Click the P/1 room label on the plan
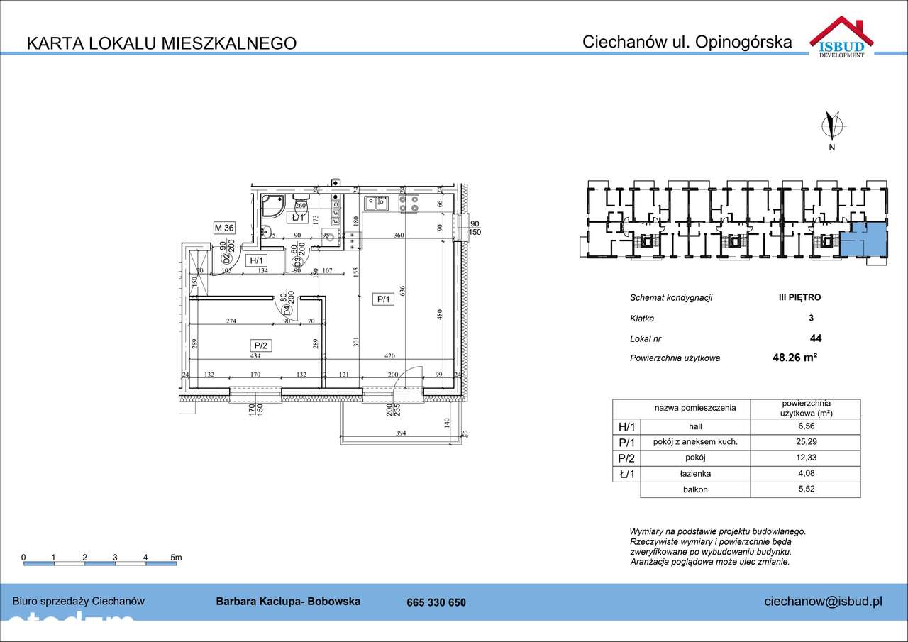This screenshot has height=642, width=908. [383, 299]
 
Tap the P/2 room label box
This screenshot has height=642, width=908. [260, 345]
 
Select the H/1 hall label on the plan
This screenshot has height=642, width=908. [255, 260]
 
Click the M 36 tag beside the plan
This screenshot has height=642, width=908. [224, 228]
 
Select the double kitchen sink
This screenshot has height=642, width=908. [375, 204]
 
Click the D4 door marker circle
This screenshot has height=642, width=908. [287, 310]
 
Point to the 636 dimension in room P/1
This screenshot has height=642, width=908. [402, 290]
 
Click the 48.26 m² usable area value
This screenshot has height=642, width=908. [794, 358]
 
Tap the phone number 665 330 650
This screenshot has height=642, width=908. [436, 602]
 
